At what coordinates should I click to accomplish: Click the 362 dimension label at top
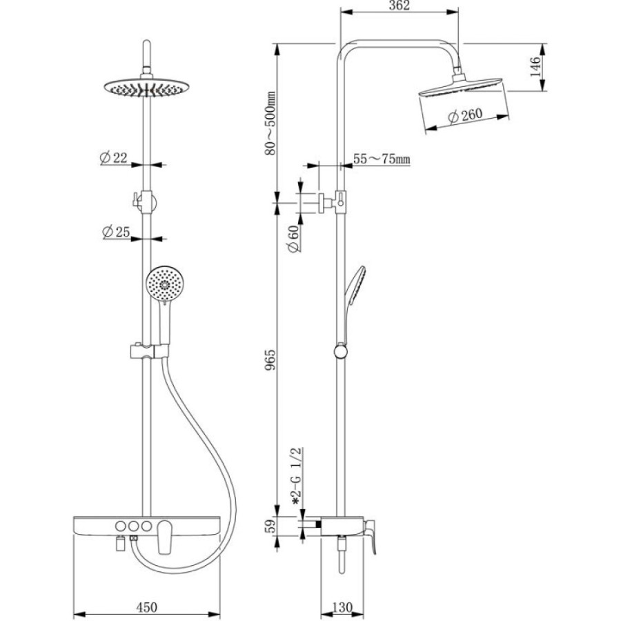(400, 6)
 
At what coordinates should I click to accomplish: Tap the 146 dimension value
(535, 66)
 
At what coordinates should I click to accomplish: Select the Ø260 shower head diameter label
(465, 116)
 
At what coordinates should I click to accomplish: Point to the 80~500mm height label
(270, 124)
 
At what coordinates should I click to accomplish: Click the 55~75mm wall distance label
(382, 159)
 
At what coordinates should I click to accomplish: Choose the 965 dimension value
(270, 359)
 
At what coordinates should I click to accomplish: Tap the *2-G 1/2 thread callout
(297, 476)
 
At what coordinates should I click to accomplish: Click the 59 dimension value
(270, 526)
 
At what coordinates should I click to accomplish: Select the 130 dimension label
(342, 607)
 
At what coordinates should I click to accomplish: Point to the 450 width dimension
(146, 607)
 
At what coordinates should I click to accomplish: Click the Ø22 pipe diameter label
(114, 158)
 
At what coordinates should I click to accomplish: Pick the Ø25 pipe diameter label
(116, 232)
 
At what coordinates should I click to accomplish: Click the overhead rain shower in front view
(146, 87)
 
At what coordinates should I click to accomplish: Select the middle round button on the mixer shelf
(133, 526)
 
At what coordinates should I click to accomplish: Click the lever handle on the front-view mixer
(164, 537)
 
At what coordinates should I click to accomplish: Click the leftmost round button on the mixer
(120, 526)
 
